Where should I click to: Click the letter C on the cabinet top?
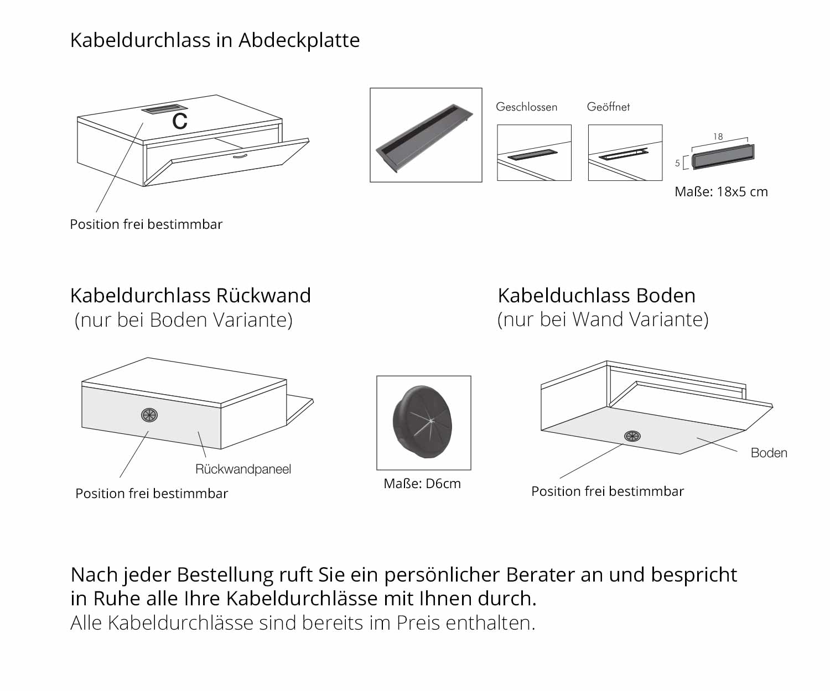tap(180, 121)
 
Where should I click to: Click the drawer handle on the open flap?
tap(240, 156)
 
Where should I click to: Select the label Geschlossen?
tap(526, 107)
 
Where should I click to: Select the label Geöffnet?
tap(608, 107)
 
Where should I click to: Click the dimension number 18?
tap(718, 137)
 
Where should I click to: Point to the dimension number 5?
tap(677, 163)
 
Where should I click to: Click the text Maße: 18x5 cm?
tap(721, 192)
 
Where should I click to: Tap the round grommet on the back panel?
tap(149, 415)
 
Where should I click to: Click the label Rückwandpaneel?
tap(243, 469)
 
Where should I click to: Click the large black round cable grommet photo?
tap(423, 422)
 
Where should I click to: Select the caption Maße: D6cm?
tap(422, 484)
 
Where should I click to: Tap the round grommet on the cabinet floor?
tap(632, 436)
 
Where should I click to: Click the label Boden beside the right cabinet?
tap(769, 453)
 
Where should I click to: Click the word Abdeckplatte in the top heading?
tap(299, 40)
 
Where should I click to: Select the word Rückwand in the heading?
tap(263, 295)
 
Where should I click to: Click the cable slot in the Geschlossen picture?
tap(533, 155)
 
